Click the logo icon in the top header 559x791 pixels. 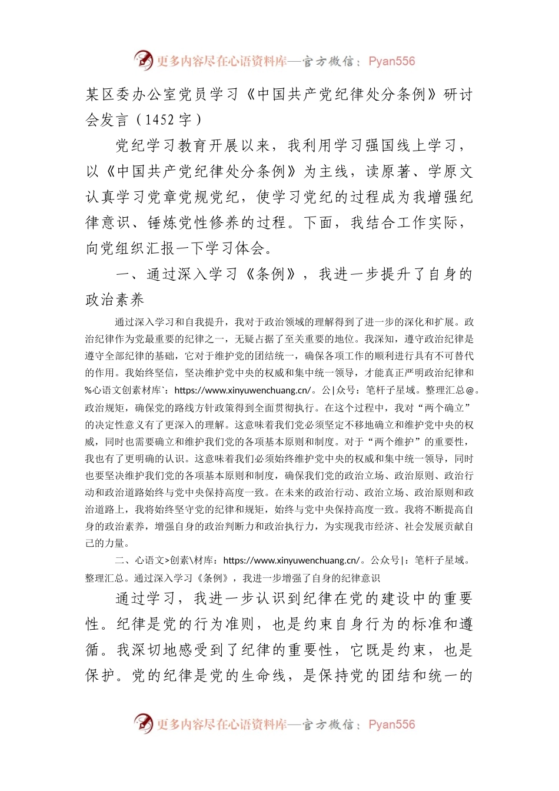[x=143, y=60]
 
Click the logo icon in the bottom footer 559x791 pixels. [x=143, y=723]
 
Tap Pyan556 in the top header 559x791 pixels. [x=391, y=61]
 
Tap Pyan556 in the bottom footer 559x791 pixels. [x=391, y=724]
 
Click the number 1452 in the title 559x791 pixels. [x=159, y=120]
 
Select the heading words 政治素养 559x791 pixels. [x=115, y=300]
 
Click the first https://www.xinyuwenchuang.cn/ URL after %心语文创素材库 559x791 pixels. [x=242, y=390]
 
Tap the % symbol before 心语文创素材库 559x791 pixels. [x=88, y=390]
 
